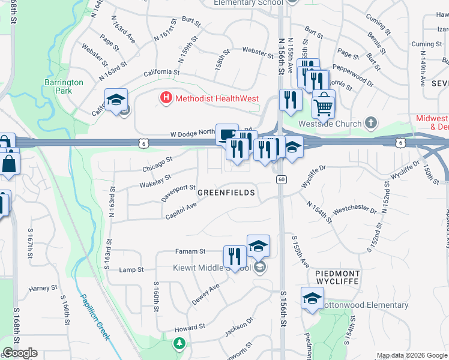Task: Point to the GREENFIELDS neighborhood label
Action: pyautogui.click(x=226, y=193)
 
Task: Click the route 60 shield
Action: pyautogui.click(x=280, y=179)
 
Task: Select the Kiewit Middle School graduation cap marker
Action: pyautogui.click(x=258, y=247)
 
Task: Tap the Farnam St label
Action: pyautogui.click(x=190, y=251)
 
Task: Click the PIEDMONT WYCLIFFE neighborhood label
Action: pyautogui.click(x=337, y=277)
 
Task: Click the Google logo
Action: pyautogui.click(x=19, y=353)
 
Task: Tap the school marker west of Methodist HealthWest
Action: pyautogui.click(x=116, y=100)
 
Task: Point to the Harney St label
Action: pyautogui.click(x=43, y=289)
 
